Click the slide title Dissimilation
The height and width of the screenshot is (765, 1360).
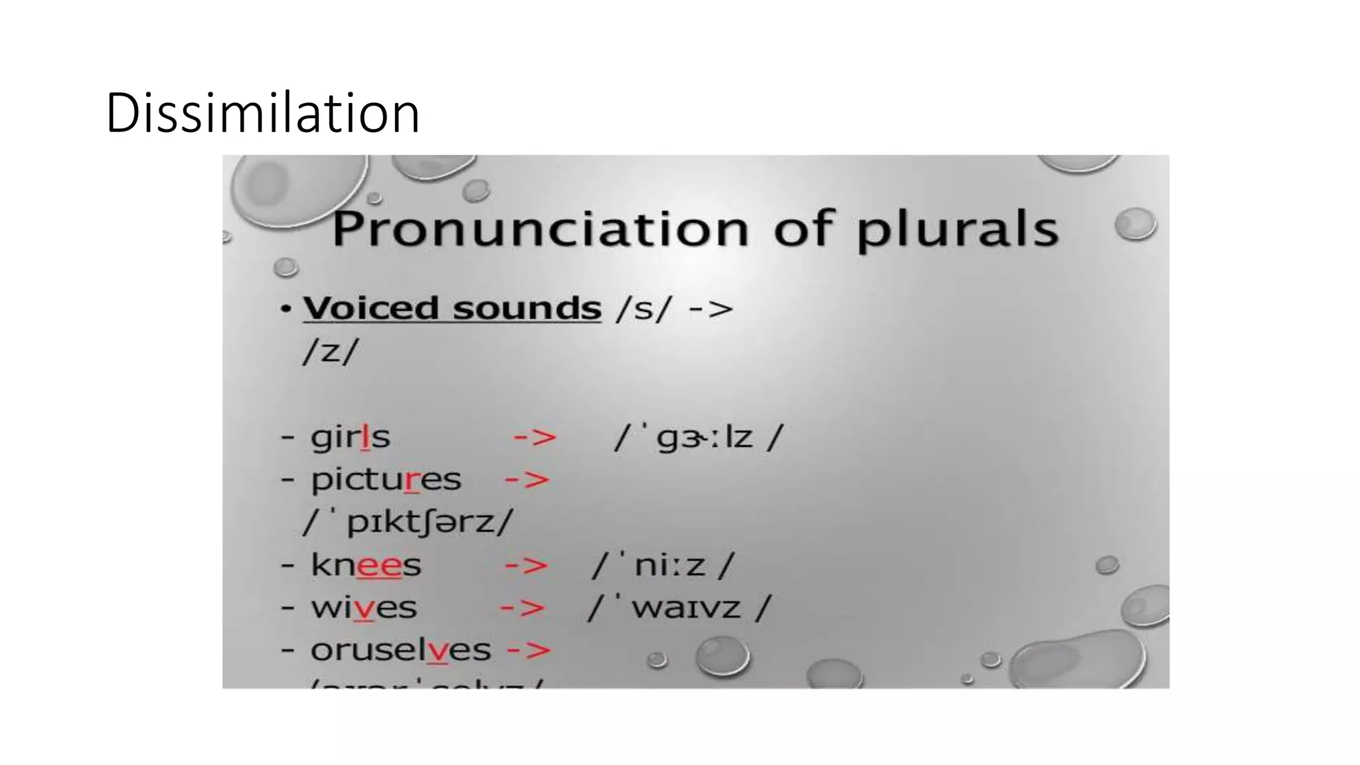click(x=262, y=113)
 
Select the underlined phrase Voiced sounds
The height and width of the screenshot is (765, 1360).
click(x=452, y=308)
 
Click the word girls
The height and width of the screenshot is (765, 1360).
click(x=350, y=437)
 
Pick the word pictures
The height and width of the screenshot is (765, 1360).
click(x=386, y=479)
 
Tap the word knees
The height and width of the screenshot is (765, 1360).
click(x=366, y=565)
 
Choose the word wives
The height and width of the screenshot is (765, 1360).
click(x=364, y=608)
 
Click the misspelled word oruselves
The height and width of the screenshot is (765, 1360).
click(x=400, y=650)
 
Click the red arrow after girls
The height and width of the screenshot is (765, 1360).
click(x=535, y=437)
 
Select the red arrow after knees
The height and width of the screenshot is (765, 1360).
click(x=527, y=565)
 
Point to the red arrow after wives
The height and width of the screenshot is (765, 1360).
click(x=522, y=608)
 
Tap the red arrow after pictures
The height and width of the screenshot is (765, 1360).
click(x=527, y=479)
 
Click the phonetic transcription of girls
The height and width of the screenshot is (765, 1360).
click(x=699, y=437)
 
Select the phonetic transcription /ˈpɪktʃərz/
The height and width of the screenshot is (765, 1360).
click(x=408, y=522)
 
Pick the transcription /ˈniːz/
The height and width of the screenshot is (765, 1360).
click(x=663, y=565)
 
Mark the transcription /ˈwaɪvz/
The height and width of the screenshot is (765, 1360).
click(x=679, y=608)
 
